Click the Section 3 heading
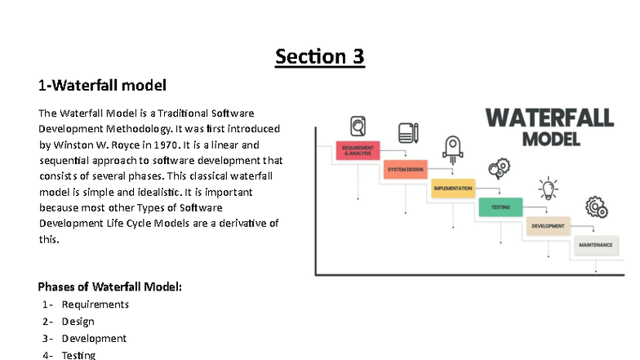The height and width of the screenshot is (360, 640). pyautogui.click(x=319, y=56)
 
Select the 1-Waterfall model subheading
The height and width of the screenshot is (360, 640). pyautogui.click(x=102, y=85)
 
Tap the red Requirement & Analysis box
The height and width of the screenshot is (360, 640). pyautogui.click(x=358, y=151)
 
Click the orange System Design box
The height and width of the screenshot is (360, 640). pyautogui.click(x=405, y=170)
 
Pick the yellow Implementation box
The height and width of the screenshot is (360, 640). pyautogui.click(x=452, y=189)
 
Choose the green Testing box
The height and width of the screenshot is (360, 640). pyautogui.click(x=500, y=207)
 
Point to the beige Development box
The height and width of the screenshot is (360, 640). pyautogui.click(x=548, y=226)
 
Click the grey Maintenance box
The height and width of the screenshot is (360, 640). pyautogui.click(x=596, y=245)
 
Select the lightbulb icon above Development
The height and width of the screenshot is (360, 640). pyautogui.click(x=548, y=189)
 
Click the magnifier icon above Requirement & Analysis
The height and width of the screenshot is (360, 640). pyautogui.click(x=358, y=127)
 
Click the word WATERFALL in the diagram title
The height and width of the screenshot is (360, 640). pyautogui.click(x=549, y=118)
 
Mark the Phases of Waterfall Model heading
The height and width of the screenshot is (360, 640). pyautogui.click(x=109, y=287)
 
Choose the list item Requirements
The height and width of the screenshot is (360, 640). pyautogui.click(x=95, y=304)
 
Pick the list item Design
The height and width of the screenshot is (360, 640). pyautogui.click(x=78, y=322)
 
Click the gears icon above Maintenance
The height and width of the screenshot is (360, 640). pyautogui.click(x=596, y=207)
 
